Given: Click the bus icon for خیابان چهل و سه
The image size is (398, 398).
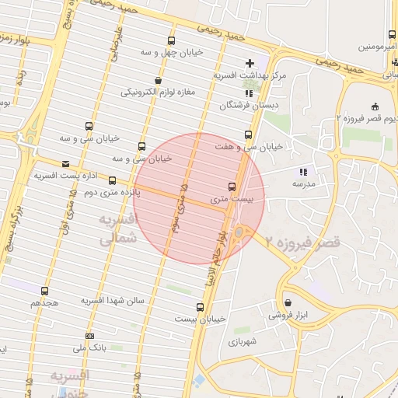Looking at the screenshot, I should (171, 41).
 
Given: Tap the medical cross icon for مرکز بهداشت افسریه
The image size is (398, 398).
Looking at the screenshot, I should (249, 63).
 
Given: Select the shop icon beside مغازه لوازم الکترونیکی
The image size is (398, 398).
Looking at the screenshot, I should (159, 80).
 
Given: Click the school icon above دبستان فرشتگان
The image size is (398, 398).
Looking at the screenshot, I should (249, 93).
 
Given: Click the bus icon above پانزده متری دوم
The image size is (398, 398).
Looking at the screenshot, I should (112, 180).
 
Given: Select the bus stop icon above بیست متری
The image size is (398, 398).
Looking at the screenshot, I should (232, 187).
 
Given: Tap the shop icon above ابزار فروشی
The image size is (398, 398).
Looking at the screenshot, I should (288, 303).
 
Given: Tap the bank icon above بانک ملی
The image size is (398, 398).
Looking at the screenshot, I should (89, 337).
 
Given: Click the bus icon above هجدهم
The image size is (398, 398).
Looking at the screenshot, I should (44, 290).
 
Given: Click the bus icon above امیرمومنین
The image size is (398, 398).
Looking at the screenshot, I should (387, 35).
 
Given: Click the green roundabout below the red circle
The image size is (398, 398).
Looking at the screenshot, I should (238, 231).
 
